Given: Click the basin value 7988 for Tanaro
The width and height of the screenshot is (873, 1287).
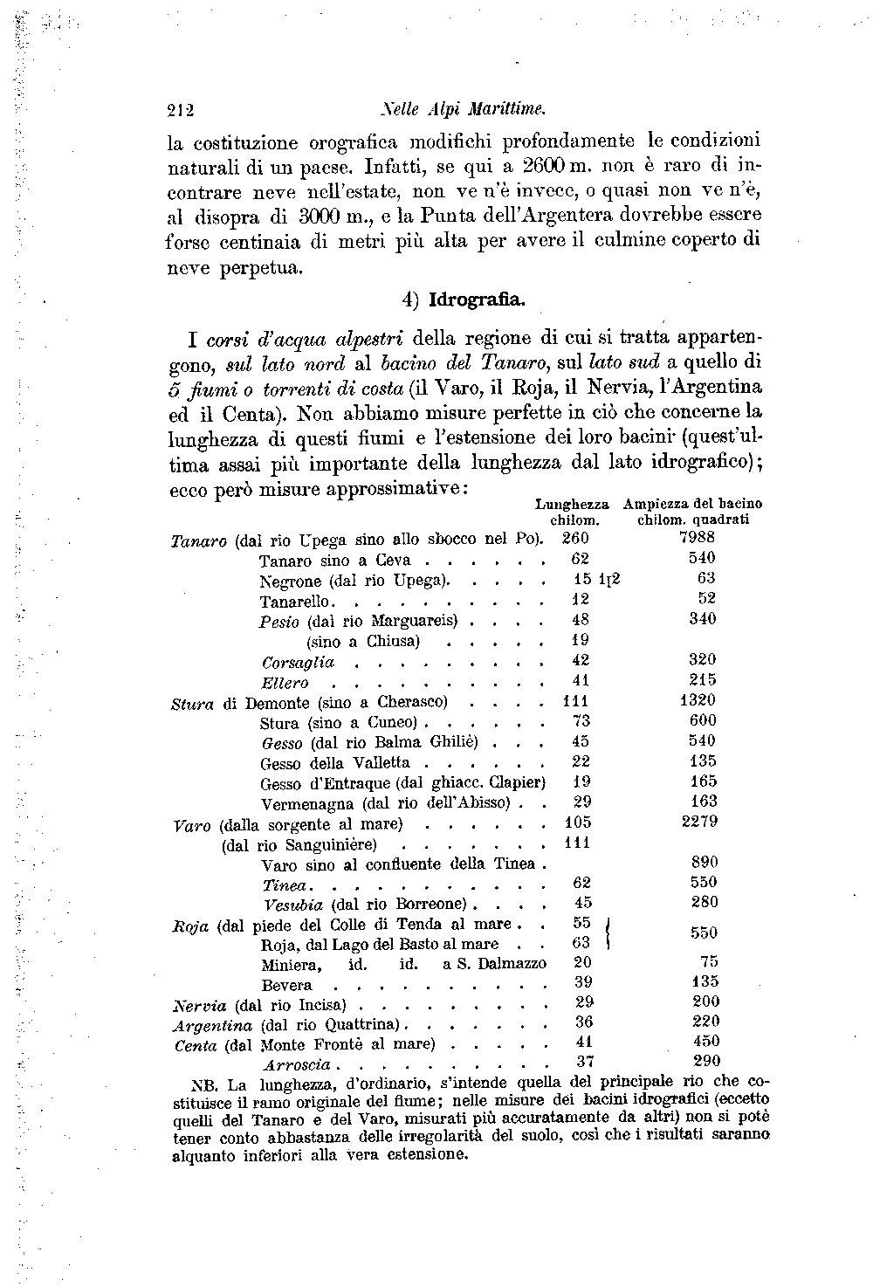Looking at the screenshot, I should point(697,538).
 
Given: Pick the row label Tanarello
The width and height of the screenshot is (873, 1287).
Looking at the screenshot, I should point(295,602).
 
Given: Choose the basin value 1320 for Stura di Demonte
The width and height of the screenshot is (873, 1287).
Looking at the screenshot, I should point(697,700).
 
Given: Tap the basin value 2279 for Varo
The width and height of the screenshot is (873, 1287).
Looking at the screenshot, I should point(698,822).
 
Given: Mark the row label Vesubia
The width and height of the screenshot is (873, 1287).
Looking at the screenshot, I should point(293,904).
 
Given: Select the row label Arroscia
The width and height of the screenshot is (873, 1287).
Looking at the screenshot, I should point(297,1064).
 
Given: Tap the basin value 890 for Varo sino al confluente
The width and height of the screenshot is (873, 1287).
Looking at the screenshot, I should point(703,862).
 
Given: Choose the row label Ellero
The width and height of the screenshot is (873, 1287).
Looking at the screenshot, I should point(285,683).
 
